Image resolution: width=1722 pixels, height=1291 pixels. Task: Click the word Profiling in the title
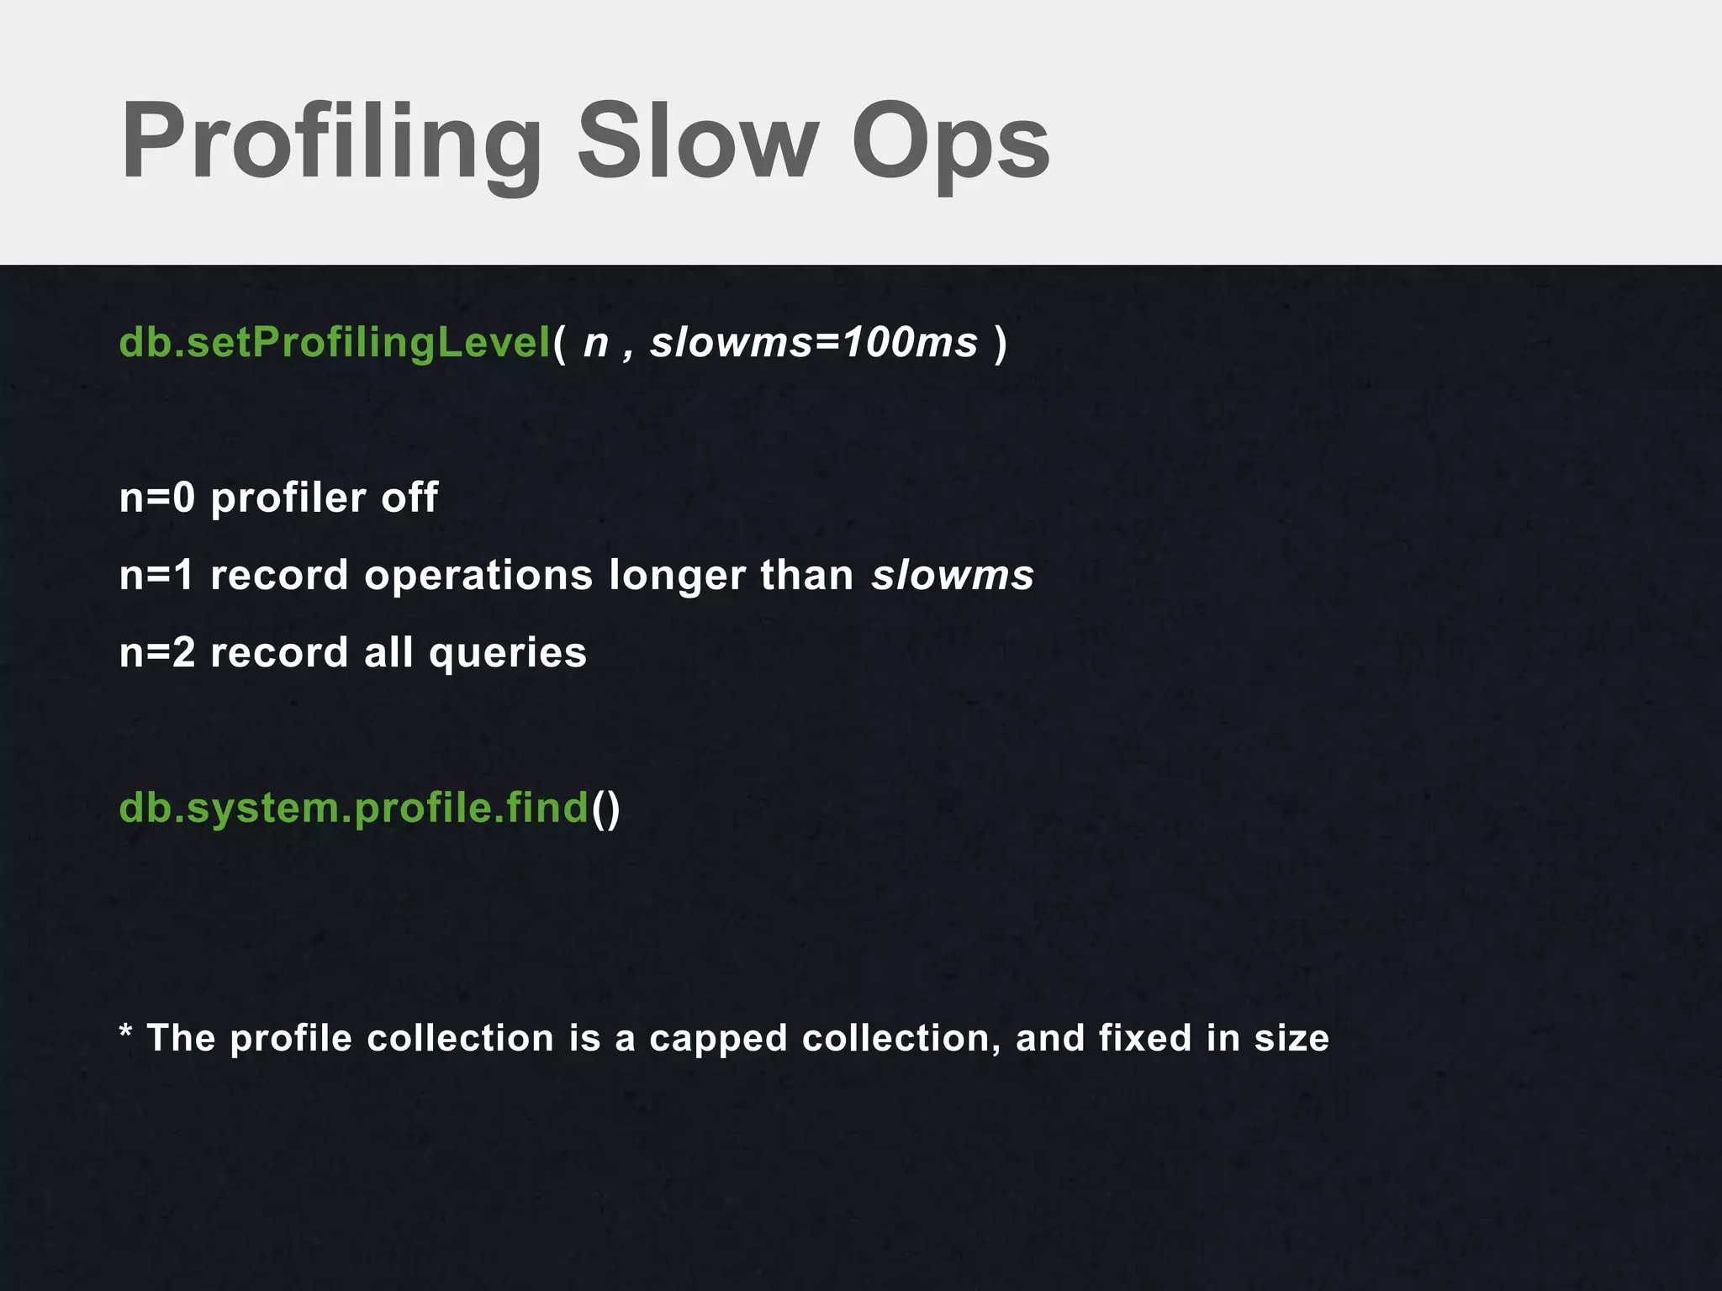(331, 141)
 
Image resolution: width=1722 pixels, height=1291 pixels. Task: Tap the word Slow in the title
(697, 141)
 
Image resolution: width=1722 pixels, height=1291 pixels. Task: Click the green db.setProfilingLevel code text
(335, 343)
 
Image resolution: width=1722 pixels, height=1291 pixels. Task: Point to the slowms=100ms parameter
(814, 343)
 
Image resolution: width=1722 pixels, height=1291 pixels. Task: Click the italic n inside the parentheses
(595, 343)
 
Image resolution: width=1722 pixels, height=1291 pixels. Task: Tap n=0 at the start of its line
(157, 498)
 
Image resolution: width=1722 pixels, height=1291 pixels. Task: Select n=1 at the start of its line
(157, 576)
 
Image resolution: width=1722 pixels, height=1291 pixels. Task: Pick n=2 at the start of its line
(157, 653)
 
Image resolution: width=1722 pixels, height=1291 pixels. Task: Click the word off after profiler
(409, 498)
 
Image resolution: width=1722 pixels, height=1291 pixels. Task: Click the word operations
(478, 577)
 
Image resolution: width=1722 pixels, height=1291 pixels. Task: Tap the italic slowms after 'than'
(953, 577)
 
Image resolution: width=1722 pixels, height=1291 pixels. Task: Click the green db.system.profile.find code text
(354, 809)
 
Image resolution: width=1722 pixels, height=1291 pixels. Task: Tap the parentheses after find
(605, 809)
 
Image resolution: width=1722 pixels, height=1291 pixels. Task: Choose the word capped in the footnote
(719, 1040)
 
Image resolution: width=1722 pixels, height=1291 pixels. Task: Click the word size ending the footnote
(1291, 1038)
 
